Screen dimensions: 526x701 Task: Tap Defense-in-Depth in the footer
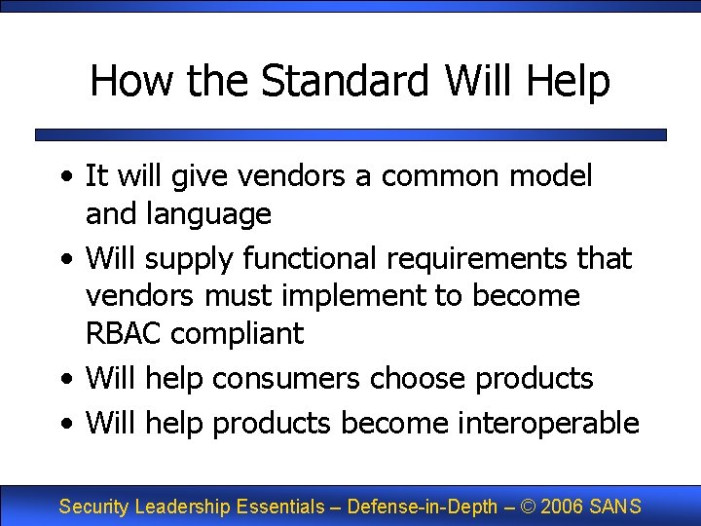tap(423, 507)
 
